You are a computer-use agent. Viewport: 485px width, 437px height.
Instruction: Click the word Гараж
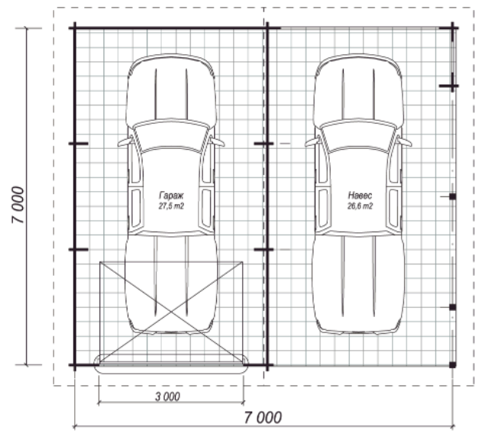171,196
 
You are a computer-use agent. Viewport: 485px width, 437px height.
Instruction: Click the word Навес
360,196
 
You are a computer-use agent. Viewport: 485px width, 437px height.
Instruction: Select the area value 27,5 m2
171,206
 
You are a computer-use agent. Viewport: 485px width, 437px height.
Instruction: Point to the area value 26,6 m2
360,206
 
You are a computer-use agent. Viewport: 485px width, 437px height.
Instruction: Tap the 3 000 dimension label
167,397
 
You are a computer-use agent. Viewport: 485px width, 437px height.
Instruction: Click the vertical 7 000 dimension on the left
18,205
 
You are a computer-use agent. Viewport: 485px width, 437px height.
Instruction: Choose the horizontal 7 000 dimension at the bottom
263,417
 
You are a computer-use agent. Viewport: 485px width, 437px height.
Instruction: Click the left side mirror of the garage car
125,142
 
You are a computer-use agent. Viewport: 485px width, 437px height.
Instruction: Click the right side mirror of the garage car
218,142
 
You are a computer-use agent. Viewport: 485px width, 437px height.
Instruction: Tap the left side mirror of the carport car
312,142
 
